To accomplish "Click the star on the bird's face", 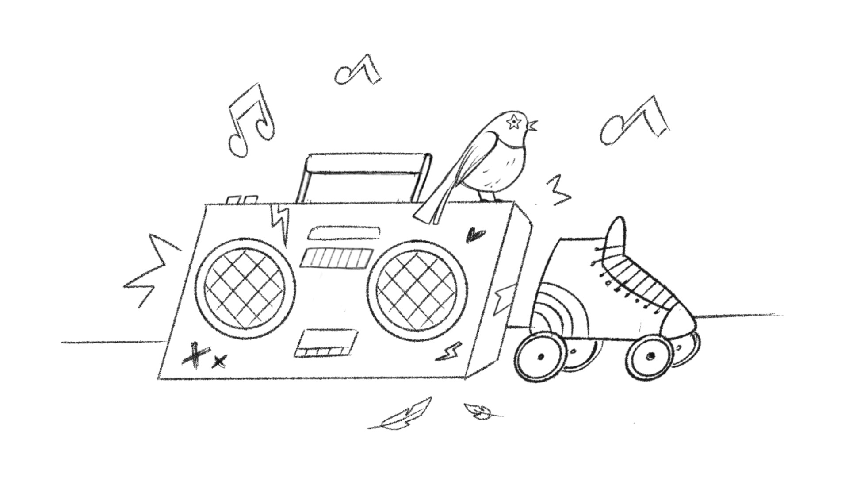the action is point(514,122).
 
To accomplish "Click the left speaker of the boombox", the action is point(245,288).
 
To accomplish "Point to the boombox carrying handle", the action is point(365,163).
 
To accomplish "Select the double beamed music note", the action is point(250,122).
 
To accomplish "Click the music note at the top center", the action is point(357,71).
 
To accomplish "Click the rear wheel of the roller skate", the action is point(540,358).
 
